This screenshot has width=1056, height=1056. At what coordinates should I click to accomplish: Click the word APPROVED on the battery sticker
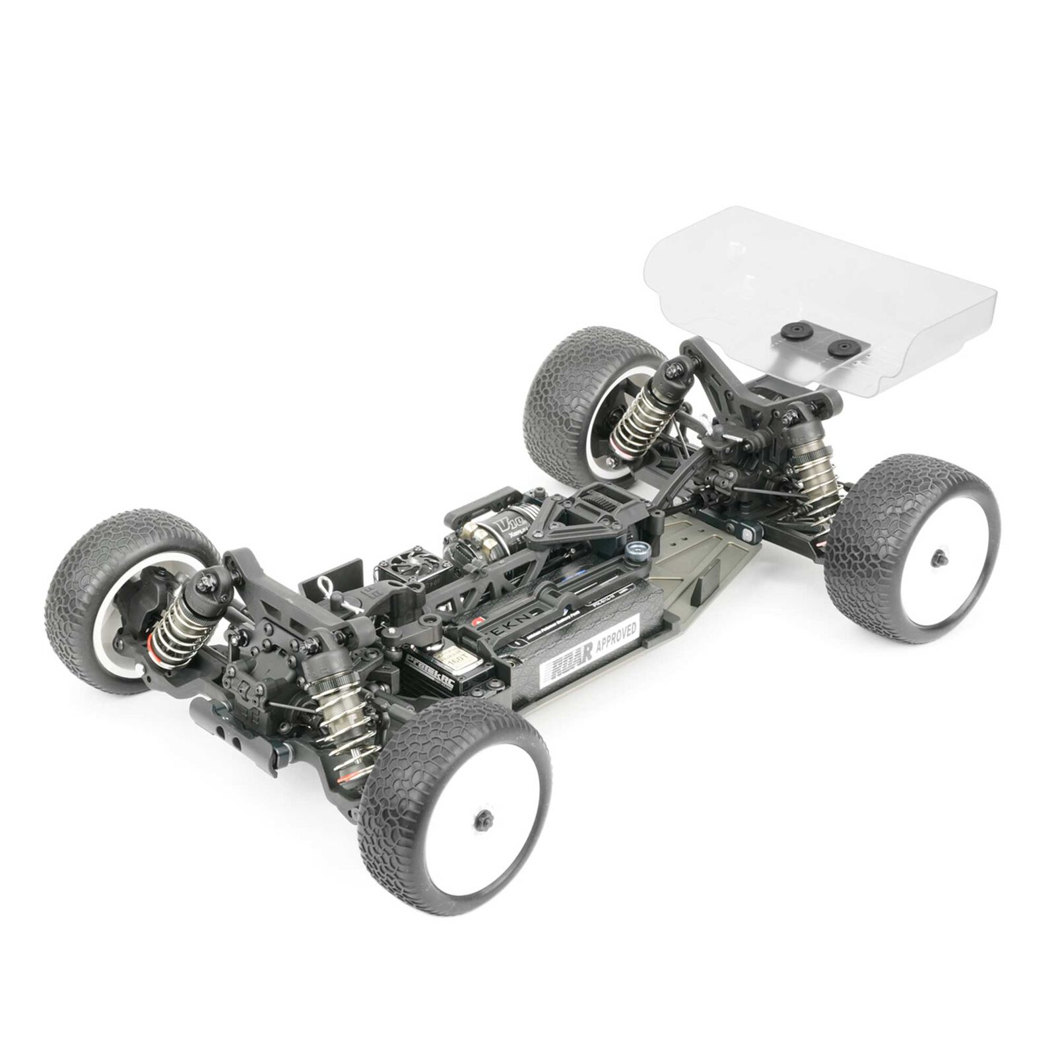tap(616, 635)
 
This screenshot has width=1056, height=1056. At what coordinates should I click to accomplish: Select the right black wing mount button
tap(840, 348)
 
